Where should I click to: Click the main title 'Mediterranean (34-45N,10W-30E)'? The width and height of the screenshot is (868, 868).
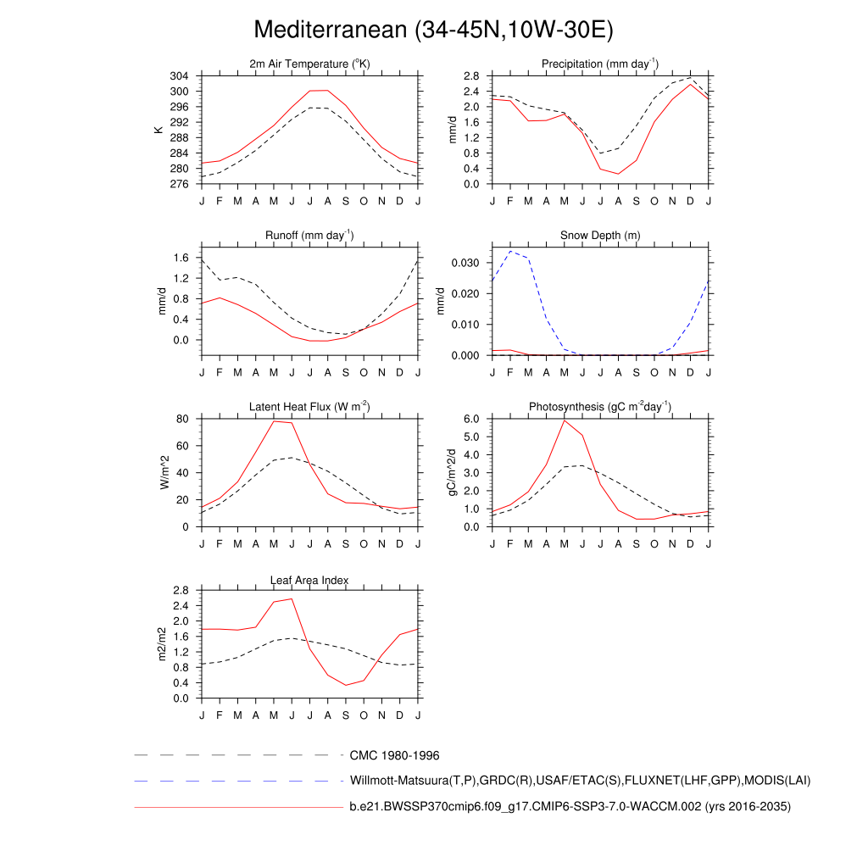point(433,31)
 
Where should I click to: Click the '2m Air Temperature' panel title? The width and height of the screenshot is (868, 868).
point(309,64)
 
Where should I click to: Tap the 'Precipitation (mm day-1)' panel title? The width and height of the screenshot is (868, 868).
point(600,64)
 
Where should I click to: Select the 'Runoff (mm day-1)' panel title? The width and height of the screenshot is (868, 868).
point(309,235)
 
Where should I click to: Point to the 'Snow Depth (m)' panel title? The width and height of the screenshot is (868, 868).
point(600,235)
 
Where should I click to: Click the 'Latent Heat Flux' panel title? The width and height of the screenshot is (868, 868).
point(309,408)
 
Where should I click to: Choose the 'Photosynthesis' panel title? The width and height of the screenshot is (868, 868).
point(600,408)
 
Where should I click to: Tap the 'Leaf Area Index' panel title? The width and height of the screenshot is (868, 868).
point(309,580)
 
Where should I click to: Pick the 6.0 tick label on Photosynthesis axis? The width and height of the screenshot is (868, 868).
point(473,419)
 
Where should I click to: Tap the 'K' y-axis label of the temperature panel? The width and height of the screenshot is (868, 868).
point(158,130)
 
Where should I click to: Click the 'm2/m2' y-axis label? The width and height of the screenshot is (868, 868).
point(161,644)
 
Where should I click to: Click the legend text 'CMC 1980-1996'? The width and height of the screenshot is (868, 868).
point(394,755)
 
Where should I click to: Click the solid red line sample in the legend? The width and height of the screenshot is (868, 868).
point(237,808)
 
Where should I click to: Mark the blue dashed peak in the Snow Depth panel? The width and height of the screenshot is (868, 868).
point(510,251)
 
